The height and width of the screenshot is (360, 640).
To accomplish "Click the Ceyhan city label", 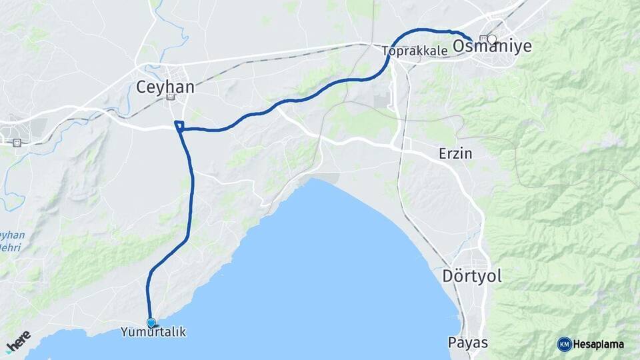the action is pos(165,87).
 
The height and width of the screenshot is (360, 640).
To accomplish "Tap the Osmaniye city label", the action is pos(492,46).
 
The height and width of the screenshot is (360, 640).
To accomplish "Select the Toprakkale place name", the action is pos(414,50).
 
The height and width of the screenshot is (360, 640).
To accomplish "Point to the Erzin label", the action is pos(455,153).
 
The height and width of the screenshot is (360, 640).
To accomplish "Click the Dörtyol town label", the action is pos(472,276).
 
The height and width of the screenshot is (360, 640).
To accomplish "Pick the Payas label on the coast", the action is pos(467,343).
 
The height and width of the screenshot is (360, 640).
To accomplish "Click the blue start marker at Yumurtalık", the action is pos(151,323).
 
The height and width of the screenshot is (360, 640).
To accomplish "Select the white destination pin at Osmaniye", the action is pos(492,39).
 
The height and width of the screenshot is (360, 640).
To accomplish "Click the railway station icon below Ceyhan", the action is pos(171,97).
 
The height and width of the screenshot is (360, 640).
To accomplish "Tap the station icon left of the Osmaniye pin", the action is pos(483,38).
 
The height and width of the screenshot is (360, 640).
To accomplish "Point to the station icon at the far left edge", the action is pos(16,142).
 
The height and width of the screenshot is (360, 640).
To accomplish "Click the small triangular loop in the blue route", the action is pos(179,125).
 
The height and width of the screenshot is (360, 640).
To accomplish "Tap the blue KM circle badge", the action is pos(564,344).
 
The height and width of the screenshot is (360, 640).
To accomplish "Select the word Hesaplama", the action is pos(599,345).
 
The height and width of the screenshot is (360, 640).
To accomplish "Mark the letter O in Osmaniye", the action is pos(459,46).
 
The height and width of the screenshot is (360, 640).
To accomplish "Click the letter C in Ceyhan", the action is pos(141,87).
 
